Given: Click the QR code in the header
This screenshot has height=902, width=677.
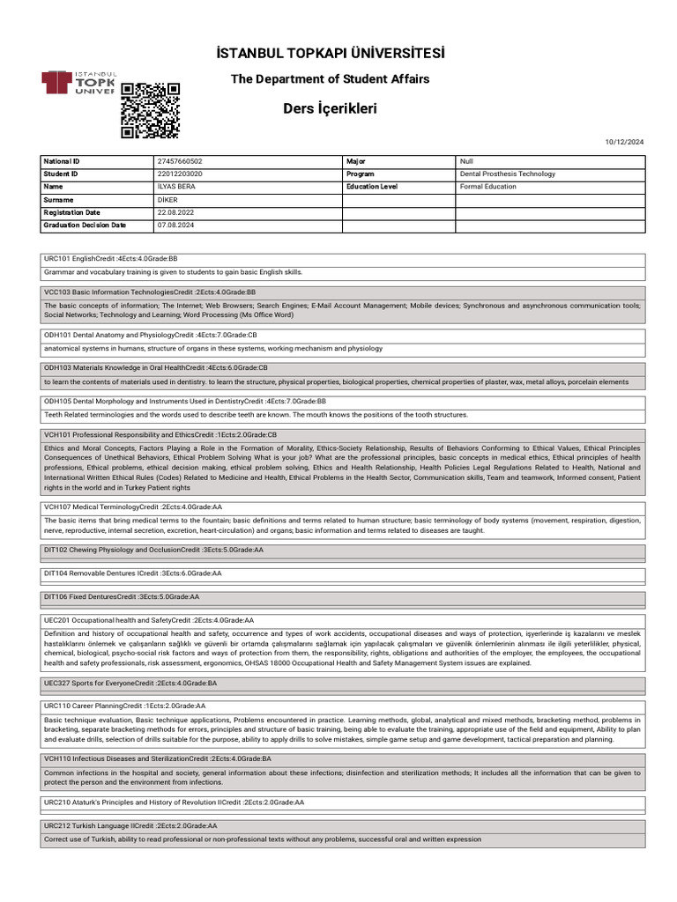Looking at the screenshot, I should coord(150,110).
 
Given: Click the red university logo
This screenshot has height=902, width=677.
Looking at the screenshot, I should coord(79,84).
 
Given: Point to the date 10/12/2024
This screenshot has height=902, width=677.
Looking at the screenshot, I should coord(625,142).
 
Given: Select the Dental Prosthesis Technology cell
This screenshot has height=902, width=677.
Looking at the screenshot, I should coord(508,174).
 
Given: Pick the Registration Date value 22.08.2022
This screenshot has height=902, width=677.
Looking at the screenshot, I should coord(175,213).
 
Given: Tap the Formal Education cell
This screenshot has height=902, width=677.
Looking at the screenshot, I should coord(488,187).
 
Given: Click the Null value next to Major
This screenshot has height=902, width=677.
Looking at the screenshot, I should coord(467,162).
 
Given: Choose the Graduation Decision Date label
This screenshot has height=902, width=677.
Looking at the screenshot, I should coord(85,225).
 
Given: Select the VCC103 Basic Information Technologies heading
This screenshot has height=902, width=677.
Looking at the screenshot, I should coord(150,292).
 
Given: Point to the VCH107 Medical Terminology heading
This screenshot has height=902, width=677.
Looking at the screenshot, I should coord(133,507).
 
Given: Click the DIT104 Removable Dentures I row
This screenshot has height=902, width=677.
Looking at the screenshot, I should coord(133,573).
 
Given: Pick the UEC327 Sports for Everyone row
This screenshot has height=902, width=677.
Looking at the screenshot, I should coord(130,683).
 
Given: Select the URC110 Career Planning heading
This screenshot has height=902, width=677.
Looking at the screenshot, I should coord(125,706).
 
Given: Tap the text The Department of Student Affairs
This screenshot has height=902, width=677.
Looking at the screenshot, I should coord(330,79).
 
